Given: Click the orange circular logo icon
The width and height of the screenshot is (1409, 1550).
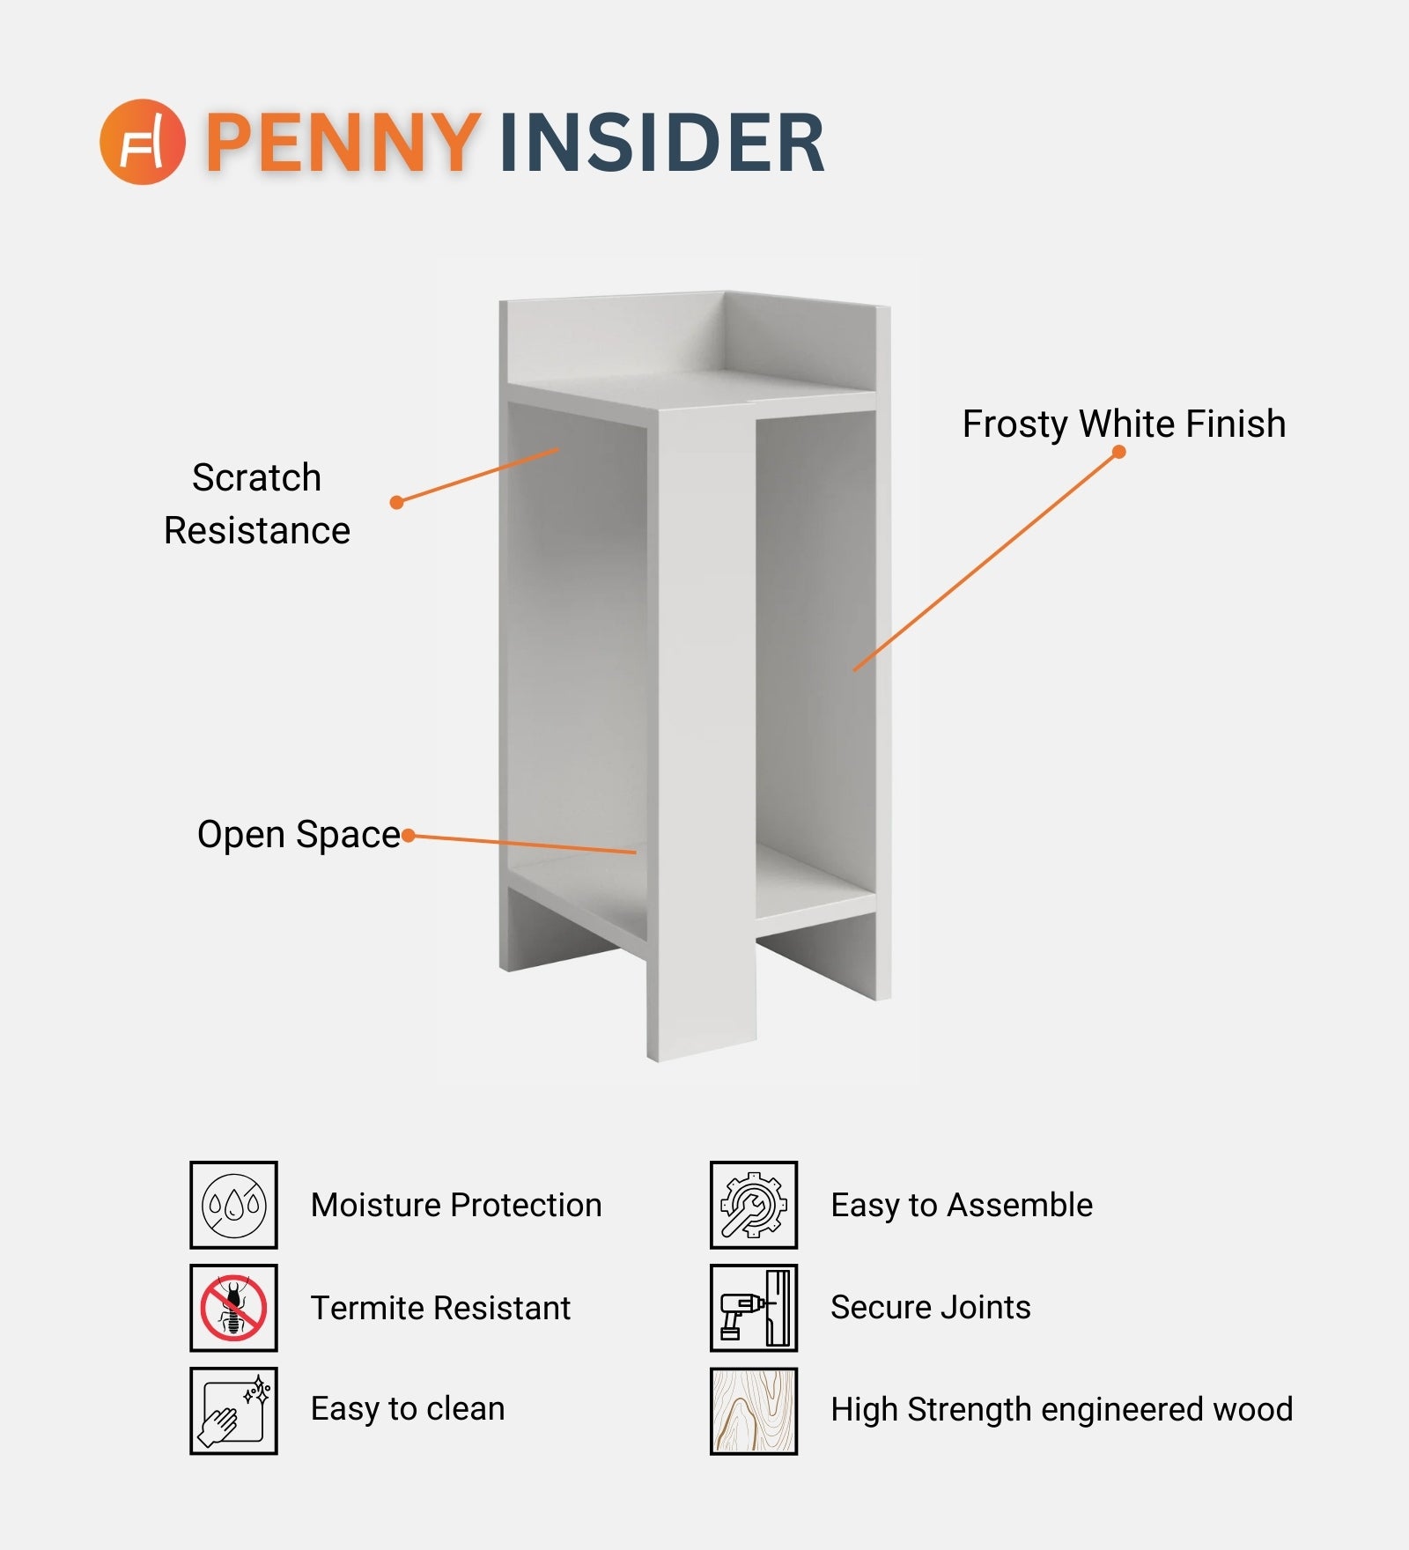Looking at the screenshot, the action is pyautogui.click(x=142, y=141).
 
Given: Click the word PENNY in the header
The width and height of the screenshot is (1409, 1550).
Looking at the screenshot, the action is pyautogui.click(x=344, y=142).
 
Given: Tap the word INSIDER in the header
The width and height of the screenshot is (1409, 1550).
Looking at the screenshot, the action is pyautogui.click(x=662, y=142).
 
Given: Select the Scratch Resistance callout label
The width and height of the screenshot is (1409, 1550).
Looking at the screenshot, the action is pyautogui.click(x=257, y=504).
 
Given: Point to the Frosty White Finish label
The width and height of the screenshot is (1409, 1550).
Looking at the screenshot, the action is pyautogui.click(x=1124, y=424).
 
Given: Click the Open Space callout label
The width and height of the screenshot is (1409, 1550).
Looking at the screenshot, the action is pyautogui.click(x=299, y=834).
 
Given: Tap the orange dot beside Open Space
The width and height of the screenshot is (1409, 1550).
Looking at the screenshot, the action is pyautogui.click(x=408, y=835).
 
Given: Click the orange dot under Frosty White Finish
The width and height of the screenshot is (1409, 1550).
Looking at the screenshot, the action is pyautogui.click(x=1119, y=452).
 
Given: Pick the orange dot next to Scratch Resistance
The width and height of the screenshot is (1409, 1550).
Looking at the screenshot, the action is pyautogui.click(x=396, y=502).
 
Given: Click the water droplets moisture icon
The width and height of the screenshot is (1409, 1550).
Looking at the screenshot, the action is pyautogui.click(x=233, y=1205).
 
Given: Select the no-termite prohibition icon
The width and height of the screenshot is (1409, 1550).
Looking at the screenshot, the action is pyautogui.click(x=233, y=1308).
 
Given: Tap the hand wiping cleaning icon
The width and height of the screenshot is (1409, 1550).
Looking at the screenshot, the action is pyautogui.click(x=233, y=1411).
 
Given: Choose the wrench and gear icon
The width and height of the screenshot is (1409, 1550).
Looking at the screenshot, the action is pyautogui.click(x=754, y=1205).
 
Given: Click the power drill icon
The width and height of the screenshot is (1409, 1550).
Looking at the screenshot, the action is pyautogui.click(x=754, y=1308).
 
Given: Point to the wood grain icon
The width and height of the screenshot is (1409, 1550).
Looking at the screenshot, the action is pyautogui.click(x=754, y=1411).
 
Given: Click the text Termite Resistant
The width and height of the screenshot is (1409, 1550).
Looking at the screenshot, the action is pyautogui.click(x=440, y=1308).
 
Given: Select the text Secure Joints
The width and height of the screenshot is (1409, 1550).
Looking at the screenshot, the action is pyautogui.click(x=930, y=1307).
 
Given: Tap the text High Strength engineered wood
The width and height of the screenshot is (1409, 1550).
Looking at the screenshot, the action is pyautogui.click(x=1061, y=1410).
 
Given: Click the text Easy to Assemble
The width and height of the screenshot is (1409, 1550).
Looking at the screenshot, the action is pyautogui.click(x=962, y=1205).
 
